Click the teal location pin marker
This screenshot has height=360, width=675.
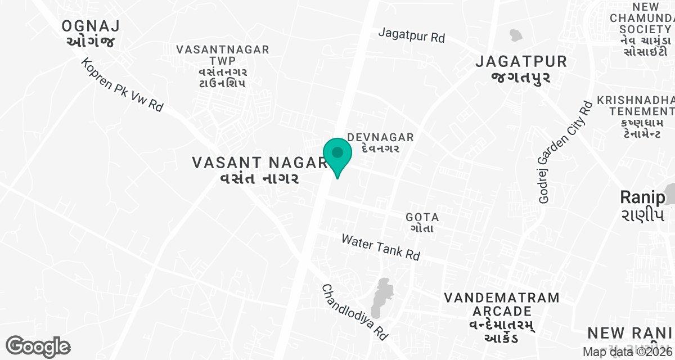337,155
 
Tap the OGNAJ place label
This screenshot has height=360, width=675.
91,33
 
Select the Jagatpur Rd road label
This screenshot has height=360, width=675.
411,35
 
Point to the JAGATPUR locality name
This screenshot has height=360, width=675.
521,69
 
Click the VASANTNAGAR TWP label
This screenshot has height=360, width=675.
222,66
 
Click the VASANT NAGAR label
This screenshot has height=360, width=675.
259,170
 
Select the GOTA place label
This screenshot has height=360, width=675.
421,223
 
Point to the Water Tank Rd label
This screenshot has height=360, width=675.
381,247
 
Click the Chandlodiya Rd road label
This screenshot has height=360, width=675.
355,311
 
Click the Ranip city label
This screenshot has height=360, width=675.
642,205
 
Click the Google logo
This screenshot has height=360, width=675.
38,346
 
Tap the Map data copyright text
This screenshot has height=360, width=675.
627,352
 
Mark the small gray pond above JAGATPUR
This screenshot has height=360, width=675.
515,35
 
